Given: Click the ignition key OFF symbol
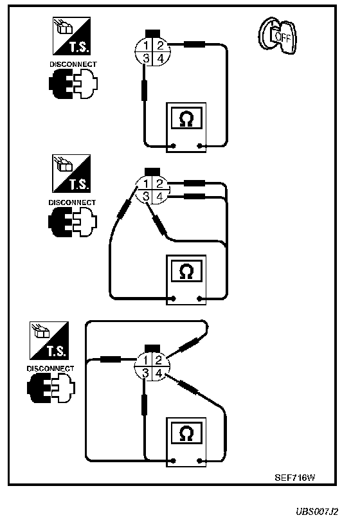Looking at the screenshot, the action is (x=278, y=35).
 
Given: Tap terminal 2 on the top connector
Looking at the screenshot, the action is (x=160, y=45).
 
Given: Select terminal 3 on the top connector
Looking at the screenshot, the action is (x=145, y=59).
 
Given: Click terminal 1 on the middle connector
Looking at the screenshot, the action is (x=145, y=184).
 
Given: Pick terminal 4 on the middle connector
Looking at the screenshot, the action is (x=160, y=197).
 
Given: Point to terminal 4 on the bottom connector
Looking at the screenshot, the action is (x=159, y=373).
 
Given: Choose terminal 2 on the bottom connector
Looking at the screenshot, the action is (x=159, y=359).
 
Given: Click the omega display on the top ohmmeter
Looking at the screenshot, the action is (x=186, y=118).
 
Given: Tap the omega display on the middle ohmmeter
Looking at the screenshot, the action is (x=186, y=271).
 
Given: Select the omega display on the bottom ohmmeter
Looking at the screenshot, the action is (x=186, y=433).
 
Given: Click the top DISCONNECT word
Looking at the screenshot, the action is (x=73, y=64).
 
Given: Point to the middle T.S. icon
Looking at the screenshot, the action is (x=71, y=174).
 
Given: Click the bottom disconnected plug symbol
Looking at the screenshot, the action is (x=51, y=388).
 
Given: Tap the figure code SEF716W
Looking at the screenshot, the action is (x=294, y=478).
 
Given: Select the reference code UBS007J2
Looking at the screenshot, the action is (x=317, y=511).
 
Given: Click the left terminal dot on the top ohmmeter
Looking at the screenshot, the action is (x=173, y=146).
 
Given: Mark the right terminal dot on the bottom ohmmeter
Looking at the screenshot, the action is (x=199, y=461).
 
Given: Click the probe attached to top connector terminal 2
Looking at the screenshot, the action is (x=195, y=44).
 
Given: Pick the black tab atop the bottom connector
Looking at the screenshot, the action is (x=152, y=349).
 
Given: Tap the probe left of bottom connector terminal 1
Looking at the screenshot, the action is (x=111, y=359).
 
